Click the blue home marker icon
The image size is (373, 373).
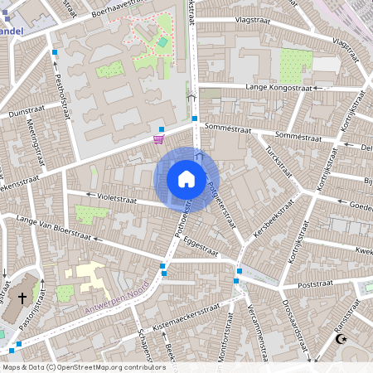186,178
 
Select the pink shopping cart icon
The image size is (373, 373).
158,140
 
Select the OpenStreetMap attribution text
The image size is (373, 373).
84,366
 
